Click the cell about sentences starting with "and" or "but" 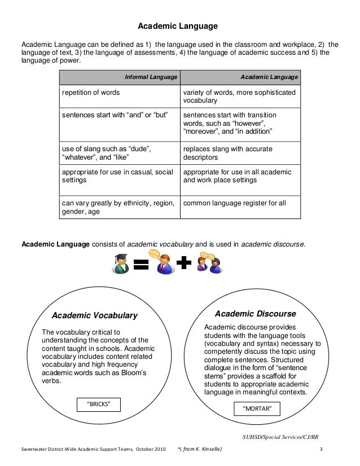tap(115, 115)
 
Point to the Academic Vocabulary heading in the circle tap(95, 315)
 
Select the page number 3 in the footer tap(321, 449)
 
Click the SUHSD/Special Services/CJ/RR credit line tap(280, 436)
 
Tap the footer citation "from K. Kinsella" tap(200, 449)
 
